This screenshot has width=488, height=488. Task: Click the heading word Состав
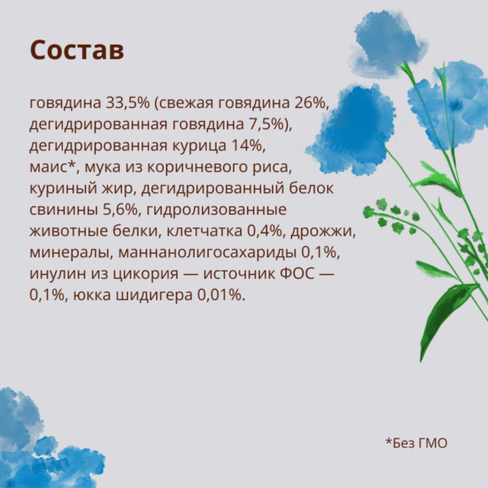(x=77, y=50)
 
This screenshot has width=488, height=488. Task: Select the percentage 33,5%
(x=128, y=102)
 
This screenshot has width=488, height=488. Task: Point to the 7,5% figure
(x=268, y=124)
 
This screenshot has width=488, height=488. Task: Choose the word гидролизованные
(x=216, y=210)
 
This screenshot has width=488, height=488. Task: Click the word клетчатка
(x=204, y=231)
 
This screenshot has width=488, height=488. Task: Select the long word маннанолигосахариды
(x=207, y=253)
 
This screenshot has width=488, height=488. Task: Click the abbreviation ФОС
(x=297, y=273)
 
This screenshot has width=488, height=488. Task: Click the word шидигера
(x=154, y=296)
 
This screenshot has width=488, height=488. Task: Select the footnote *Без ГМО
(x=416, y=443)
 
